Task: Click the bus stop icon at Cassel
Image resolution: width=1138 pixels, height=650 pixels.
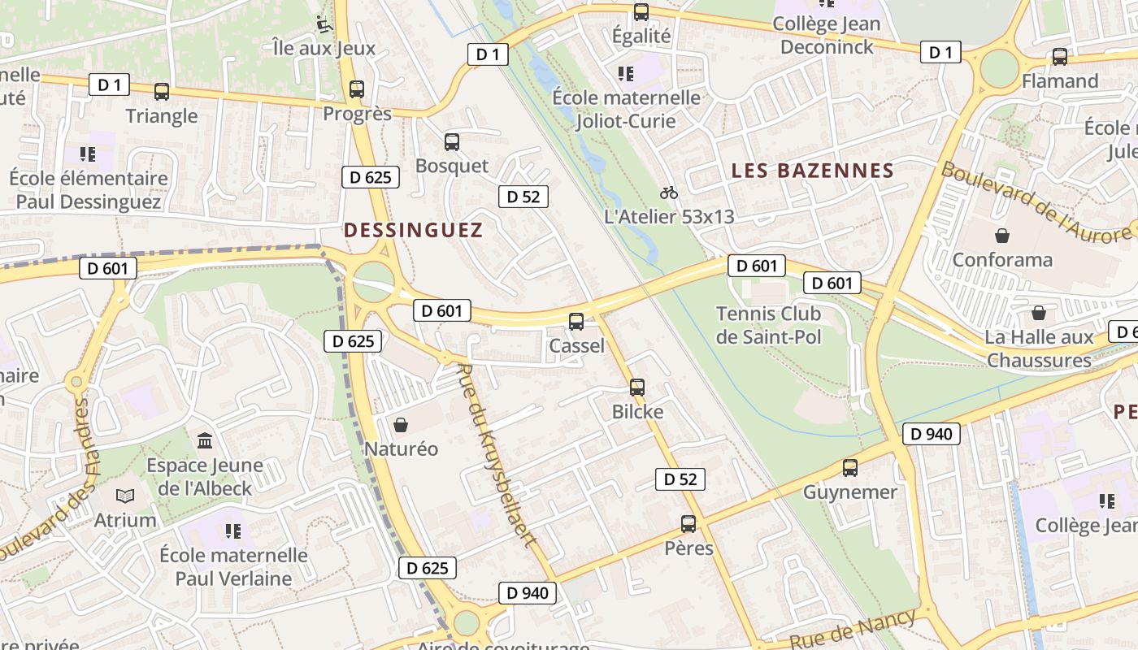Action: point(576,322)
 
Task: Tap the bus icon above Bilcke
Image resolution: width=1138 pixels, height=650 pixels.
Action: point(637,388)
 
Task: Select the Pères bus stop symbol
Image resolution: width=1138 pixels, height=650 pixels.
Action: point(688,524)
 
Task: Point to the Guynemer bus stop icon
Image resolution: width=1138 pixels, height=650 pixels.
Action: point(850,468)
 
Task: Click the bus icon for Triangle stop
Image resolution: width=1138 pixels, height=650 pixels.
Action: point(162,92)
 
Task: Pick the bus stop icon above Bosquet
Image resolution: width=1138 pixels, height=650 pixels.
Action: point(452,142)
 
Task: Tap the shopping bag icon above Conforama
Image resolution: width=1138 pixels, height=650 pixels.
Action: point(1002,236)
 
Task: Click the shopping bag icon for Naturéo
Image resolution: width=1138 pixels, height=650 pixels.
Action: point(401,425)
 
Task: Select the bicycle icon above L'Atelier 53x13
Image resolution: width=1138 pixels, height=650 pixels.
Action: point(669,193)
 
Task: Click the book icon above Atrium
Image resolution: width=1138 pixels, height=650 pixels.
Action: point(125,496)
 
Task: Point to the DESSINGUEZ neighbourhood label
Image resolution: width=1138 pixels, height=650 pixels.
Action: point(413,230)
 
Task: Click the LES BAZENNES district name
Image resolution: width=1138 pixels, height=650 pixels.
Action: point(813,171)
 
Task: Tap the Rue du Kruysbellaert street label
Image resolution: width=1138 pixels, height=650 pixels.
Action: point(496,455)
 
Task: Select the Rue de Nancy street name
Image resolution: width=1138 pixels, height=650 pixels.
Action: point(853,628)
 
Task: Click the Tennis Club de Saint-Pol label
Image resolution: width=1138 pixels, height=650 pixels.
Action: point(768,325)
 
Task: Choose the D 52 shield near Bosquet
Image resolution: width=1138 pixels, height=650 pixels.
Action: point(523,197)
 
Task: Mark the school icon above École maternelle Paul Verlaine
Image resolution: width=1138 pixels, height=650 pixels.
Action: point(233,531)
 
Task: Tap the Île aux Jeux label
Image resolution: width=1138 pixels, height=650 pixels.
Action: point(324,48)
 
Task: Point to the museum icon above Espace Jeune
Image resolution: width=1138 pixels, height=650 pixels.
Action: point(205,441)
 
